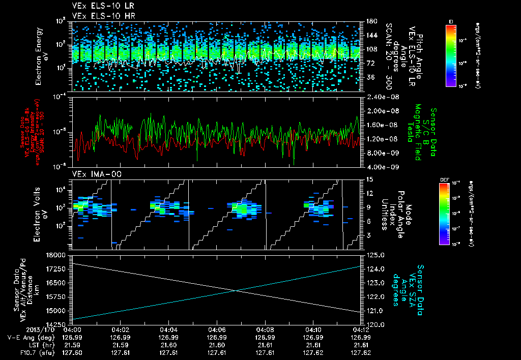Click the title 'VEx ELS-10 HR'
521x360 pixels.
(100, 16)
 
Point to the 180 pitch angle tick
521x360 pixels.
(370, 21)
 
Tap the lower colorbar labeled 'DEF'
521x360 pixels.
(444, 214)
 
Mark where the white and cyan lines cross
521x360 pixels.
(236, 290)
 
